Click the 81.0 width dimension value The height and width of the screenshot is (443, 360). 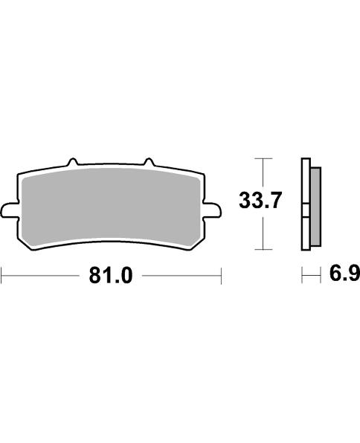tap(111, 276)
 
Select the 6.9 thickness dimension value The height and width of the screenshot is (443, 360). tap(344, 275)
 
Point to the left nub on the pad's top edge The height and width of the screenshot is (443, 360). tap(72, 162)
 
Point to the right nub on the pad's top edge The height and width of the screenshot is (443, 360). tap(147, 162)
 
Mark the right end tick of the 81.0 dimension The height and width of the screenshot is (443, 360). tap(222, 276)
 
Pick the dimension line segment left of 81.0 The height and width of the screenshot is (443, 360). tap(41, 276)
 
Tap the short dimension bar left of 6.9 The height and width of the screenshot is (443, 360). tap(307, 276)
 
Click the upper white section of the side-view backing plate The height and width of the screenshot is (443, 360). tap(305, 182)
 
